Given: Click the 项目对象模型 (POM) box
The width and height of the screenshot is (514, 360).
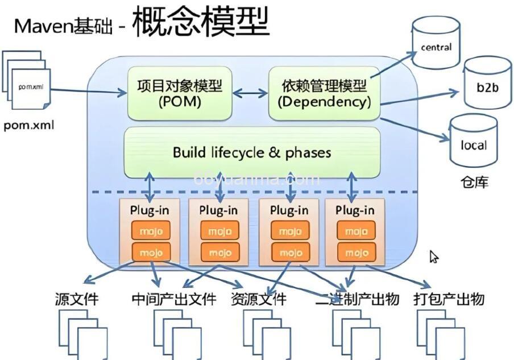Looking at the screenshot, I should pos(179,94).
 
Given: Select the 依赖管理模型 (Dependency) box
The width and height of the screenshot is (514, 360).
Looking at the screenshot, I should pos(324,94).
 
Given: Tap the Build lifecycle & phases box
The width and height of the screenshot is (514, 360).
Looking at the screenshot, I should pos(252,152).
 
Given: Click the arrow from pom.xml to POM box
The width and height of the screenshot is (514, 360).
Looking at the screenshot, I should pos(88,89).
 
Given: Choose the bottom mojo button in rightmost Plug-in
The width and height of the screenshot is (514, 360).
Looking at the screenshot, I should pos(356,252).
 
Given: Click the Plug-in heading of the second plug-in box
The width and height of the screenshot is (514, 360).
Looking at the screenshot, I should pos(218,210).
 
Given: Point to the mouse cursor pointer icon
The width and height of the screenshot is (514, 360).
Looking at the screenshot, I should pos(434,257).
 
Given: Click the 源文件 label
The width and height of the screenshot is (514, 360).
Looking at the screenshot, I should pos(76,299).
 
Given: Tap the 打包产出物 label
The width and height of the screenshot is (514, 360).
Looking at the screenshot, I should pos(449,299).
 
